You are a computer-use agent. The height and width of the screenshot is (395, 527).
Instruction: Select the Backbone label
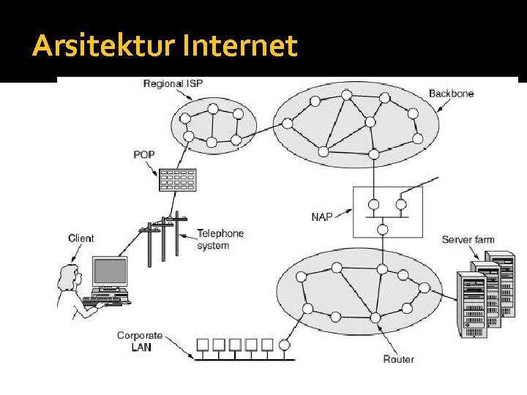(451, 94)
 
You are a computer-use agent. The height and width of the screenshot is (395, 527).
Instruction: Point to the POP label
(144, 155)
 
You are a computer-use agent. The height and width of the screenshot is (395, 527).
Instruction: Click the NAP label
(321, 217)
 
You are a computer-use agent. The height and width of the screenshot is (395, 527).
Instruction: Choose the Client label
(81, 238)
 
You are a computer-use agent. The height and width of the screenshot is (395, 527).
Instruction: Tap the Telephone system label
(220, 239)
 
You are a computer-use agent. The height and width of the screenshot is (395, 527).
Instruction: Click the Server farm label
(468, 240)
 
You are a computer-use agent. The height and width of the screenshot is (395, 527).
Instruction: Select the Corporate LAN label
(139, 342)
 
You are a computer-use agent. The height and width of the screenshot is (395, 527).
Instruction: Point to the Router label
(398, 359)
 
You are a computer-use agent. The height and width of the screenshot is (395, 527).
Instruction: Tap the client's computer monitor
(110, 272)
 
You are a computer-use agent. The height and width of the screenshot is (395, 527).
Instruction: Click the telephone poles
(161, 238)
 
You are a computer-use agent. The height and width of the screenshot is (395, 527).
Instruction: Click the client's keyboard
(107, 299)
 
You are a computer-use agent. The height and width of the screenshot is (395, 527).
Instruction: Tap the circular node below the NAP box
(382, 230)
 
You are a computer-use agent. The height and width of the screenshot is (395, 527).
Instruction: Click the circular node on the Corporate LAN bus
(285, 344)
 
